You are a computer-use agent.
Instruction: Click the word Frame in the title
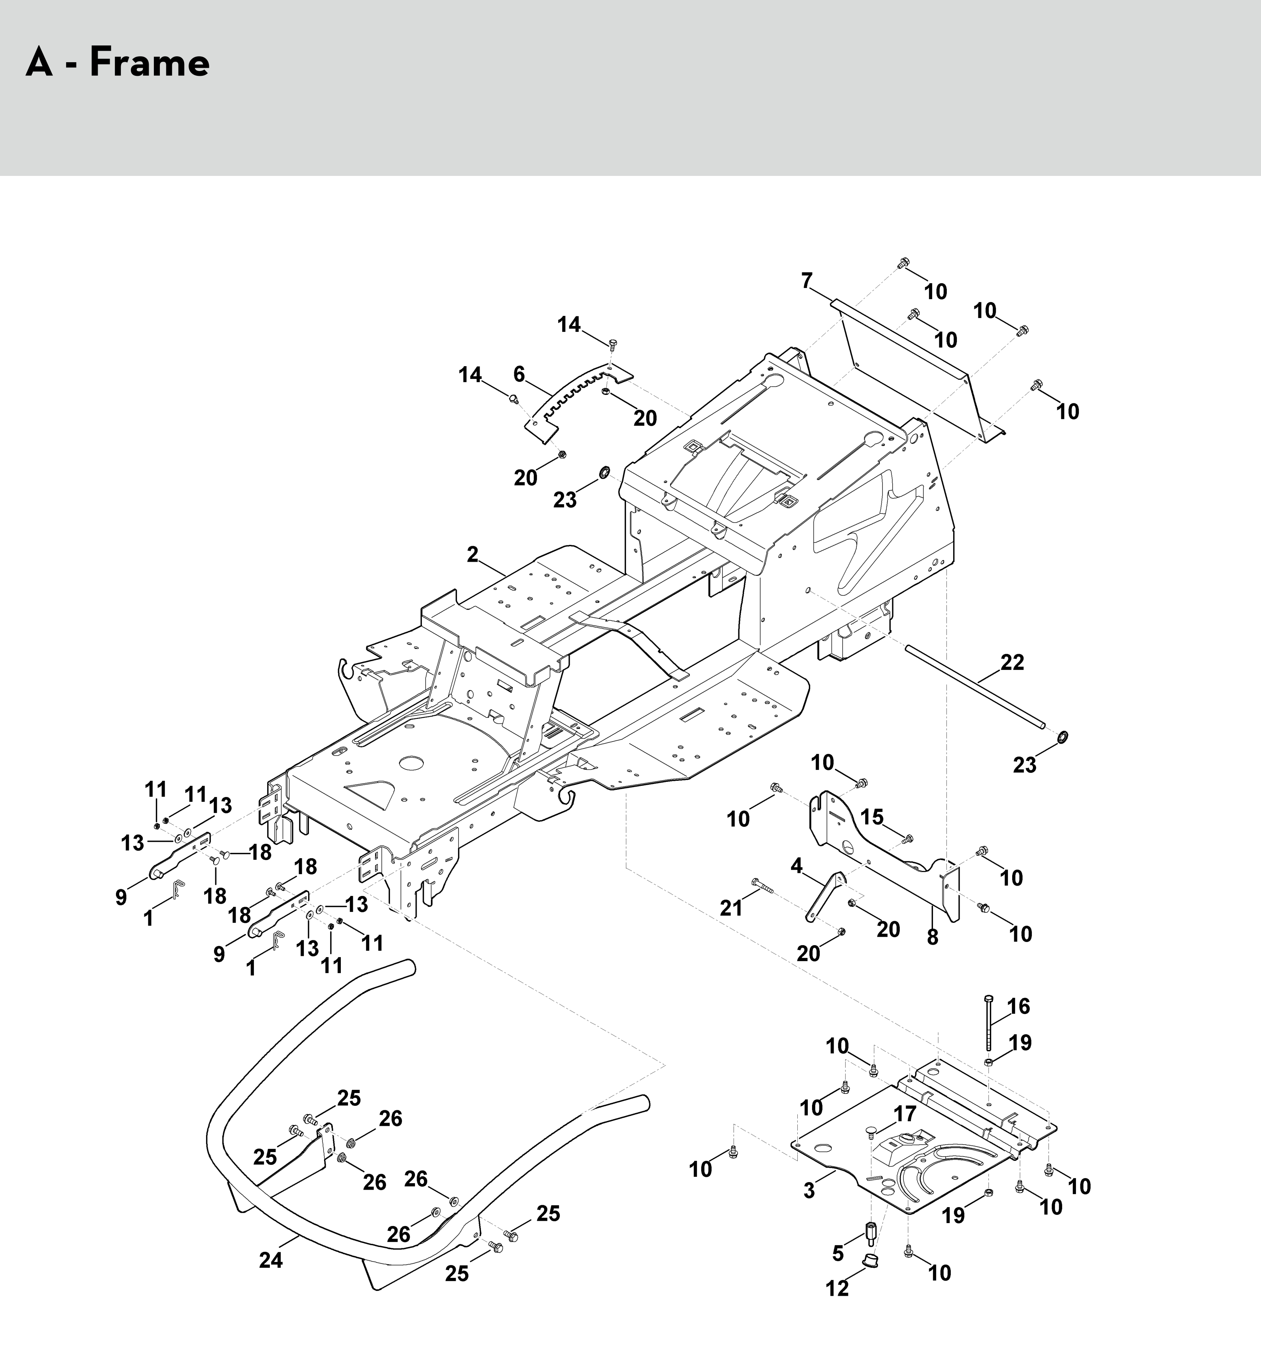tap(150, 63)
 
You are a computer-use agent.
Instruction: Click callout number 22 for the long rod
tap(1012, 662)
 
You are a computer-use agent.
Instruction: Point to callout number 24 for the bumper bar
tap(271, 1260)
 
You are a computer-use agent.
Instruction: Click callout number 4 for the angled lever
tap(797, 865)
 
